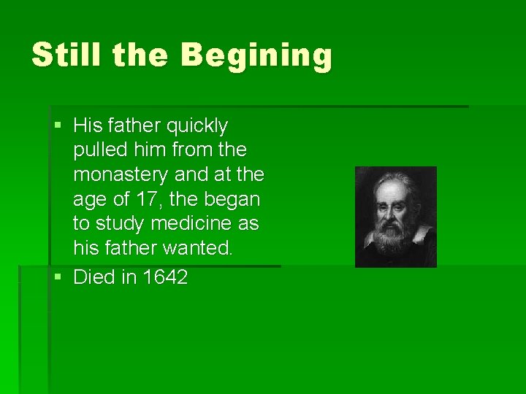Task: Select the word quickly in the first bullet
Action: pos(197,125)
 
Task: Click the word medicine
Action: pos(194,224)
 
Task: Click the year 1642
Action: pos(166,277)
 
